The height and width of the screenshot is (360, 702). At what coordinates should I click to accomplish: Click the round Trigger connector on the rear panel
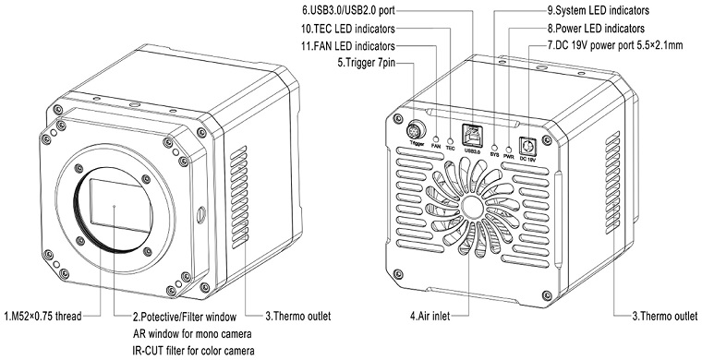pos(415,132)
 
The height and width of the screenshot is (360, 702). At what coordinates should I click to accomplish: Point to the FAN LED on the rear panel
pos(436,138)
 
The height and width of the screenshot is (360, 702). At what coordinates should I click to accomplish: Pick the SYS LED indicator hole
pos(495,147)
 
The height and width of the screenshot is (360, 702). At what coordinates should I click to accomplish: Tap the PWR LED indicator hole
pos(508,150)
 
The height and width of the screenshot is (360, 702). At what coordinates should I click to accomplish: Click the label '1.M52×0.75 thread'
pos(43,317)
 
